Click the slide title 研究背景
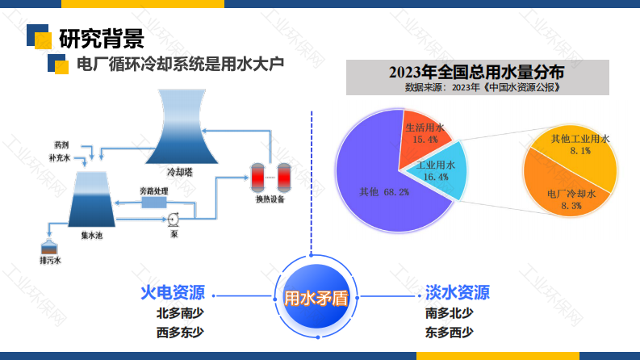[x=102, y=39]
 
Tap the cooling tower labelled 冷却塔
[x=182, y=127]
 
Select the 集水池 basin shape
[x=91, y=199]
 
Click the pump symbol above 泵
[x=173, y=220]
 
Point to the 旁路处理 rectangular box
[x=154, y=203]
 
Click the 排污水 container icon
[x=49, y=248]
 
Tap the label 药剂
[x=61, y=145]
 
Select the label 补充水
[x=60, y=158]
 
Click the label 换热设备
[x=270, y=199]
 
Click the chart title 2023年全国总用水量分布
[x=477, y=73]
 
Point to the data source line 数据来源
[x=483, y=87]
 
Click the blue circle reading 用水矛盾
[x=316, y=297]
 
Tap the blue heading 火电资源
[x=173, y=293]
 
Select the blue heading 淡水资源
[x=458, y=293]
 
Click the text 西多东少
[x=180, y=333]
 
